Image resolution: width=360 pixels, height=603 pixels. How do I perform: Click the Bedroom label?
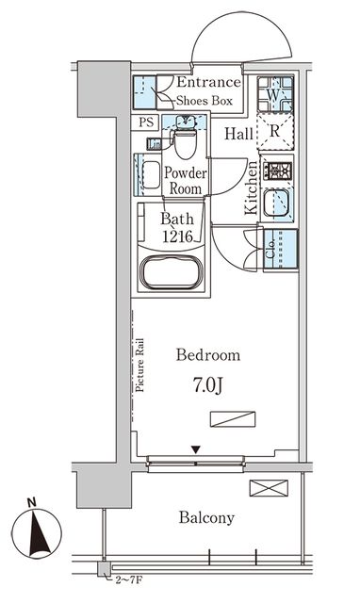pyautogui.click(x=208, y=354)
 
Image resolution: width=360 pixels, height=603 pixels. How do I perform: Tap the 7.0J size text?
pyautogui.click(x=207, y=385)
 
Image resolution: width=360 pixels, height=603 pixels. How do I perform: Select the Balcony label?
pyautogui.click(x=206, y=517)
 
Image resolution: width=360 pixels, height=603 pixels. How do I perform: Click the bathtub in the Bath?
pyautogui.click(x=172, y=272)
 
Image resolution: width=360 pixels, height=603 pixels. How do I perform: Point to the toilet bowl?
pyautogui.click(x=186, y=141)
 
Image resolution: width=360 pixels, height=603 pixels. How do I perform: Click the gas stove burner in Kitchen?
pyautogui.click(x=277, y=171)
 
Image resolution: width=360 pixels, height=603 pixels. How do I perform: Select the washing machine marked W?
pyautogui.click(x=275, y=94)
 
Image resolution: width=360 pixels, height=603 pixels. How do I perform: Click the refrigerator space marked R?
pyautogui.click(x=275, y=132)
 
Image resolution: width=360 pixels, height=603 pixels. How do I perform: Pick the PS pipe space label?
pyautogui.click(x=146, y=122)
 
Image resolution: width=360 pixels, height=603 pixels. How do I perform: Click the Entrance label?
pyautogui.click(x=209, y=82)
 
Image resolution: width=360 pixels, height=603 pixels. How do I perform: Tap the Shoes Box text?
pyautogui.click(x=205, y=101)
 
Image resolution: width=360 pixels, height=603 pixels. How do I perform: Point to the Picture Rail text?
pyautogui.click(x=139, y=365)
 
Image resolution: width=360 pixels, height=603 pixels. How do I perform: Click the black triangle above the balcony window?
pyautogui.click(x=196, y=449)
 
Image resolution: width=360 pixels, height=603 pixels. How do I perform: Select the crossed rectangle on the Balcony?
pyautogui.click(x=269, y=488)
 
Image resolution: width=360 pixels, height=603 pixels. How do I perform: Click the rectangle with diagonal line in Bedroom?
pyautogui.click(x=233, y=418)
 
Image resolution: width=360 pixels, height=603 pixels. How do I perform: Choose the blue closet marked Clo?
pyautogui.click(x=281, y=249)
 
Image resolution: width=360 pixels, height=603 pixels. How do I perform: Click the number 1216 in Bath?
pyautogui.click(x=177, y=236)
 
